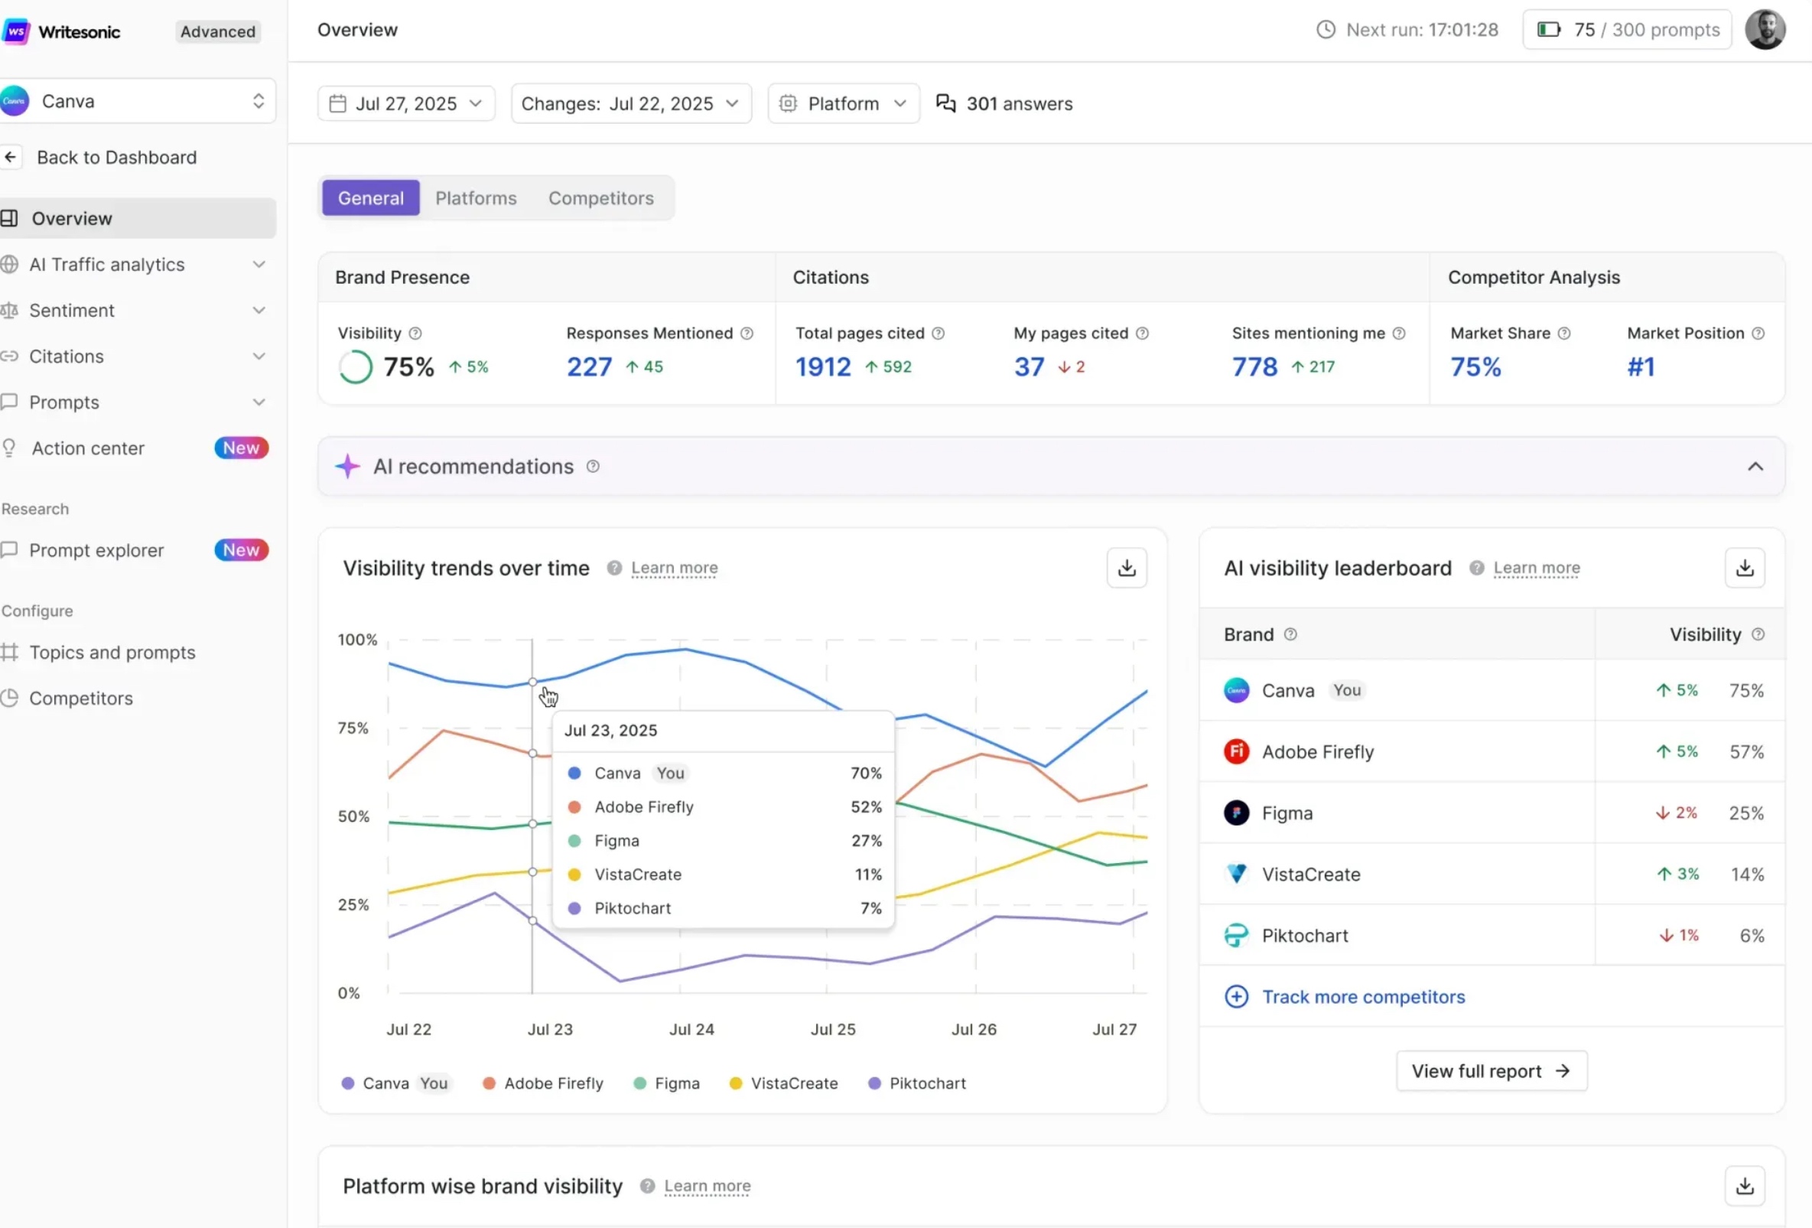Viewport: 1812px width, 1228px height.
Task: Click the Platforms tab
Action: [x=476, y=198]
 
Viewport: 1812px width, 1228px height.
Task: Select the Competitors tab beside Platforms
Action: [x=600, y=198]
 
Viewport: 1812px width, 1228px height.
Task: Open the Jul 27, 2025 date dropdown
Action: [x=405, y=104]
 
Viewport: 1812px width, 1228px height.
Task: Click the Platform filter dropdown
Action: [x=844, y=104]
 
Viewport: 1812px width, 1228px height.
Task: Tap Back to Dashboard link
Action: [x=116, y=158]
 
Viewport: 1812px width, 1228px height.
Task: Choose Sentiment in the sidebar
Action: [x=72, y=311]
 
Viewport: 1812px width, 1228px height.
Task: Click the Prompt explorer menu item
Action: [x=96, y=550]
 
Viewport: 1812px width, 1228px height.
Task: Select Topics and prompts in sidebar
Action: [x=112, y=653]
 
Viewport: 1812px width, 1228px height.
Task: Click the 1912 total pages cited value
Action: [x=822, y=366]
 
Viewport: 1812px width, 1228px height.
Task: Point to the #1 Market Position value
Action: [x=1641, y=366]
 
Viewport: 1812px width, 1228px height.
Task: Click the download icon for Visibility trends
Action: [x=1126, y=568]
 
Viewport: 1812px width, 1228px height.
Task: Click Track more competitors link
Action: [x=1363, y=996]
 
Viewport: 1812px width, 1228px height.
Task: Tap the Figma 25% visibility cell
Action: [x=1745, y=813]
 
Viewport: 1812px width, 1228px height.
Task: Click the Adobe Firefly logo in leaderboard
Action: [x=1236, y=751]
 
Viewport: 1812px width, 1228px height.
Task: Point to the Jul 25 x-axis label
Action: [x=833, y=1029]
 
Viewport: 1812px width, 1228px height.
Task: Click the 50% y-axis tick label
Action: [x=353, y=816]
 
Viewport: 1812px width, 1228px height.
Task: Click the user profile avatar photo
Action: [x=1765, y=30]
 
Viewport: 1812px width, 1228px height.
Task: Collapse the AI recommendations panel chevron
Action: [x=1755, y=466]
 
